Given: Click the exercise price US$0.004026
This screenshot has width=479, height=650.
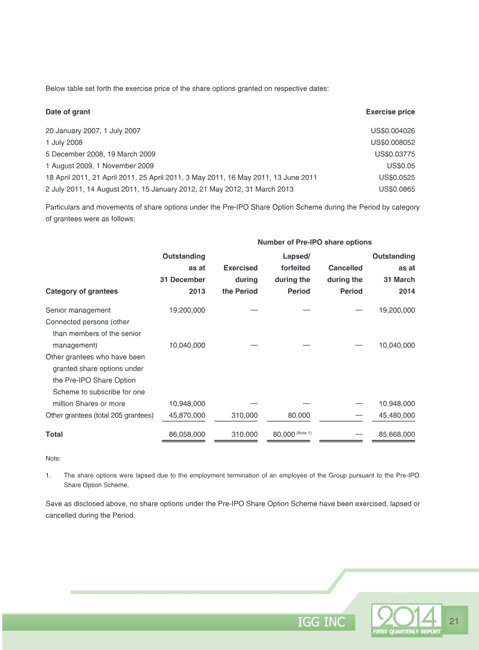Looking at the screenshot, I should click(x=393, y=131).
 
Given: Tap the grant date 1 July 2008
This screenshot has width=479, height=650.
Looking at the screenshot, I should click(x=64, y=143).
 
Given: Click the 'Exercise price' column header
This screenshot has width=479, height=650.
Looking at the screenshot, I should click(x=390, y=112).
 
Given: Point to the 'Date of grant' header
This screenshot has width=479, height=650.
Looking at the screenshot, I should click(x=68, y=112).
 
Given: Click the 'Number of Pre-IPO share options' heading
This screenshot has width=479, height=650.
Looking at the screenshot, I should click(x=314, y=242).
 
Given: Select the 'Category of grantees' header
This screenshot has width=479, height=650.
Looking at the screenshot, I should click(x=81, y=291).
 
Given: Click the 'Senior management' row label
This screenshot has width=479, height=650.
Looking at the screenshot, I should click(x=78, y=310).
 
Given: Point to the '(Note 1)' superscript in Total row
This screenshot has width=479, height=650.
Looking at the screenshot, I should click(x=301, y=433).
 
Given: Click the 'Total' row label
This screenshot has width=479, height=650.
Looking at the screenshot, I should click(x=54, y=434).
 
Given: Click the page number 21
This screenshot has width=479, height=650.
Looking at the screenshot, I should click(x=453, y=621).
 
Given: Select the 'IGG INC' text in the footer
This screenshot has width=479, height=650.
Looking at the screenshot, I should click(x=322, y=622).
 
